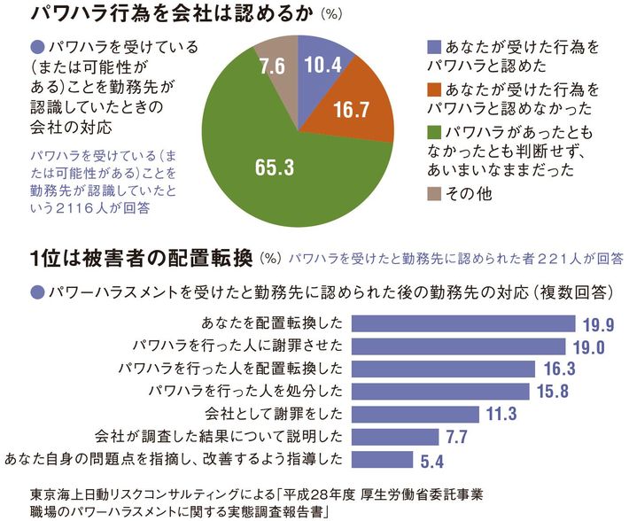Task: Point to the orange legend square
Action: click(x=432, y=89)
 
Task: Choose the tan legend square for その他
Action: click(x=432, y=193)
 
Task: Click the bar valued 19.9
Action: click(x=470, y=323)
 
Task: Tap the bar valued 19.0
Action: click(x=466, y=346)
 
